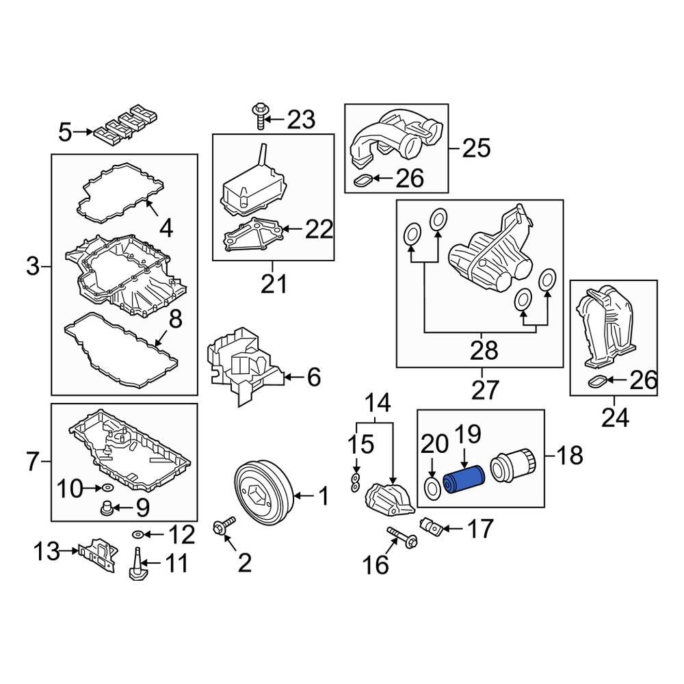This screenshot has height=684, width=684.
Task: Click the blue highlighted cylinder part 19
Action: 462,479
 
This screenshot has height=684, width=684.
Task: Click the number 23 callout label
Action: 300,120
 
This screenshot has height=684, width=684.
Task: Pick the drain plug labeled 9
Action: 107,508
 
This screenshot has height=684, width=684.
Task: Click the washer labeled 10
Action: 107,488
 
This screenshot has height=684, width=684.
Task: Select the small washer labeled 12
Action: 137,534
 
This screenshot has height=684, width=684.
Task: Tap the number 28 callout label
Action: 484,351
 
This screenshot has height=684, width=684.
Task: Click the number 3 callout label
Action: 33,266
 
